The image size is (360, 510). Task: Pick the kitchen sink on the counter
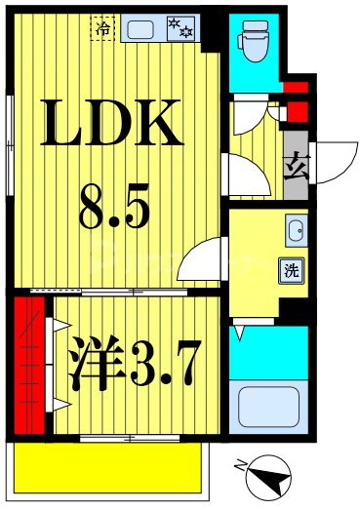tap(142, 28)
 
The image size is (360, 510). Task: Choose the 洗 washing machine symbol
tap(292, 269)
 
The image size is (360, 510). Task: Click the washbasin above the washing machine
tap(295, 232)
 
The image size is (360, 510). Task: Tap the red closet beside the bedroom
tap(29, 365)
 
